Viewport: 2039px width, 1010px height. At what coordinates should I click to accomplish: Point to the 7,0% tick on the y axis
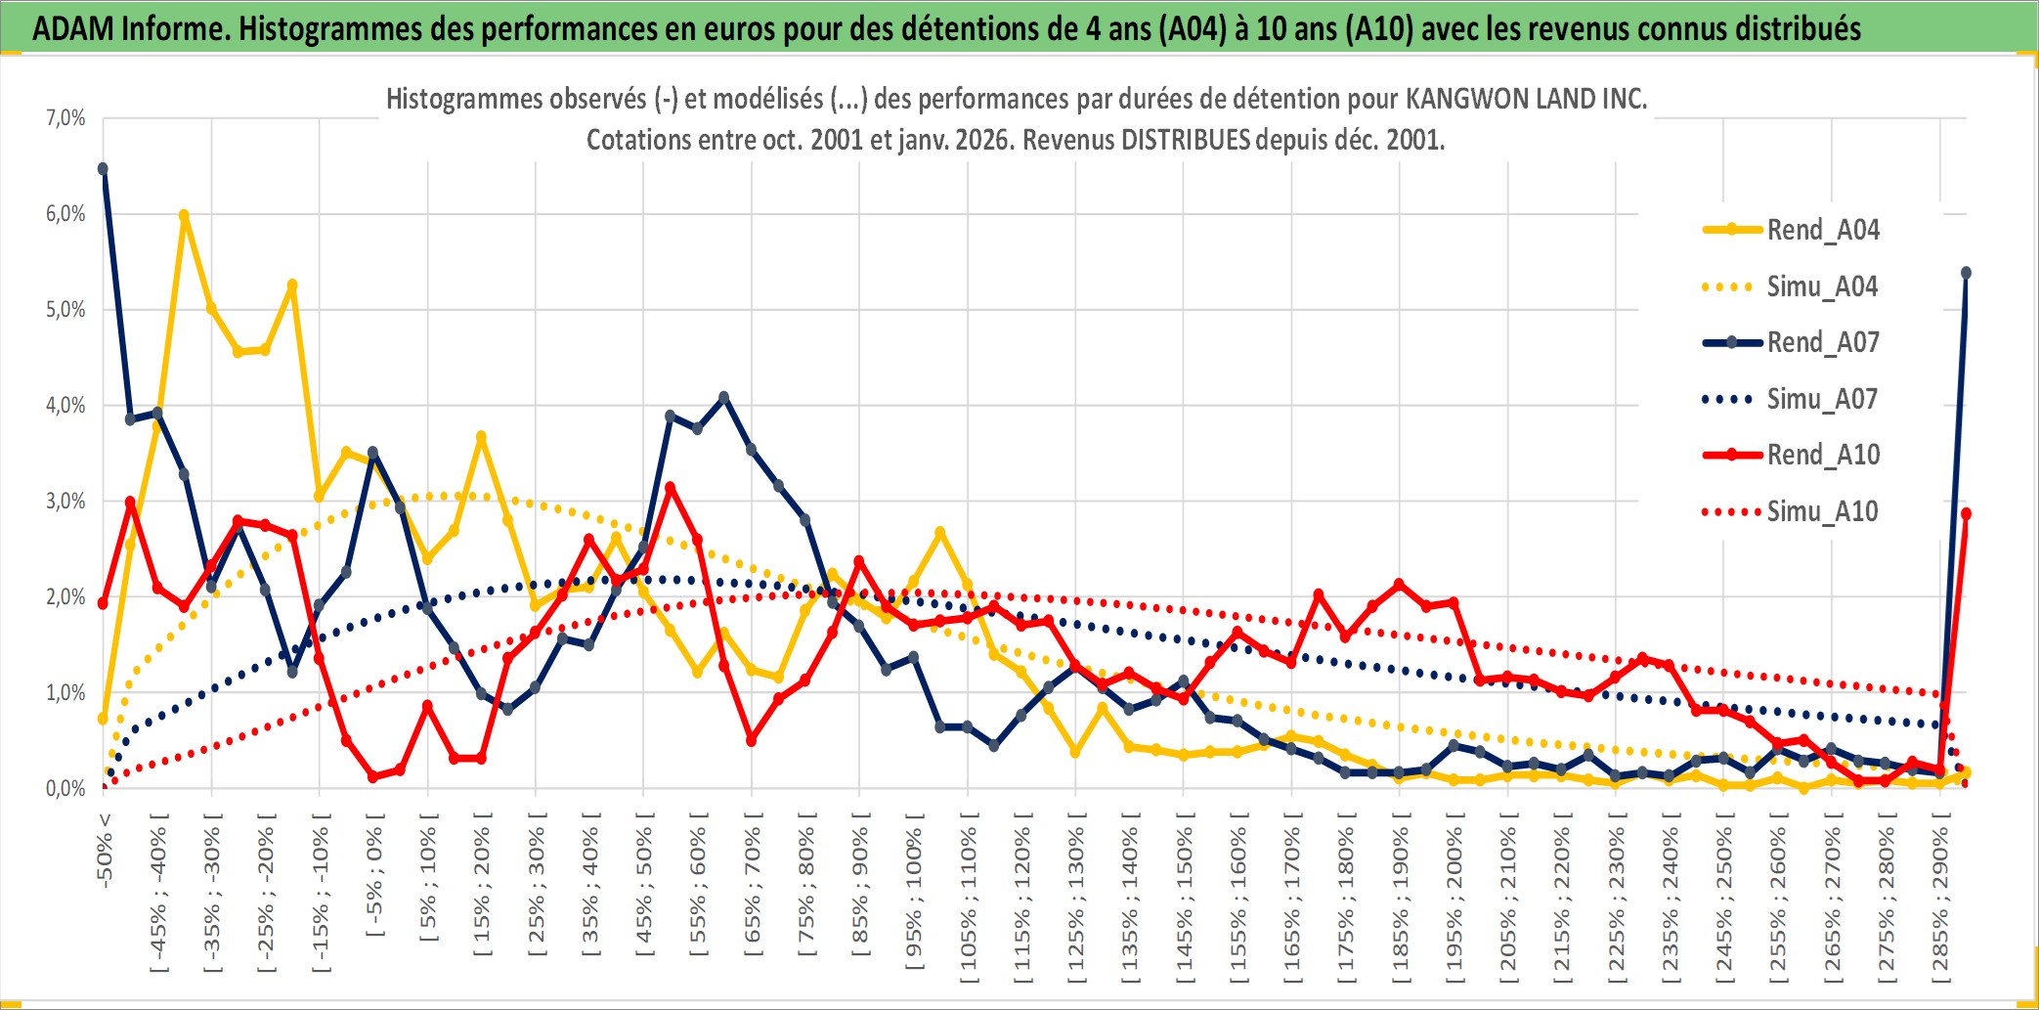(65, 118)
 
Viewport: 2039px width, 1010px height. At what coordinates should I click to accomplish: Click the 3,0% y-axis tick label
(65, 502)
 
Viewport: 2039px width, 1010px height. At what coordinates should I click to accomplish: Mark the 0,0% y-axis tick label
(65, 788)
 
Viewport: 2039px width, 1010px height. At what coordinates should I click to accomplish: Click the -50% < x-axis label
(104, 850)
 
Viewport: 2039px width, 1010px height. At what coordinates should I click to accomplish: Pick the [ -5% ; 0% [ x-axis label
(373, 875)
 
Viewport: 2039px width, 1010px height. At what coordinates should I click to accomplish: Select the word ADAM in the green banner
(74, 28)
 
